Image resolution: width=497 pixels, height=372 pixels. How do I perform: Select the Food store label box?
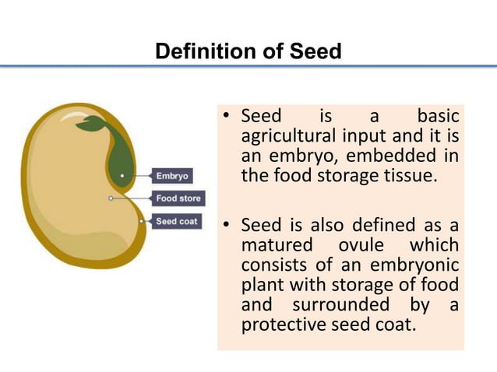178,198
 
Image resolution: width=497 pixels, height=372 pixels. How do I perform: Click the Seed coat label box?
177,222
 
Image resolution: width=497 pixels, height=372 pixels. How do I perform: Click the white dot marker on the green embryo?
122,176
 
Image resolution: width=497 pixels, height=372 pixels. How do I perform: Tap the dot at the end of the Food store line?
111,198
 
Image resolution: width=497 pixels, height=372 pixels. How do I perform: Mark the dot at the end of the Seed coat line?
141,222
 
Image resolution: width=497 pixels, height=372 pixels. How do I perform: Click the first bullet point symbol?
227,118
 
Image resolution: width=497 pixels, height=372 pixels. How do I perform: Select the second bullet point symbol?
227,226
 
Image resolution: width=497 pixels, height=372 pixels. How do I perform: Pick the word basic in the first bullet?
438,117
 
